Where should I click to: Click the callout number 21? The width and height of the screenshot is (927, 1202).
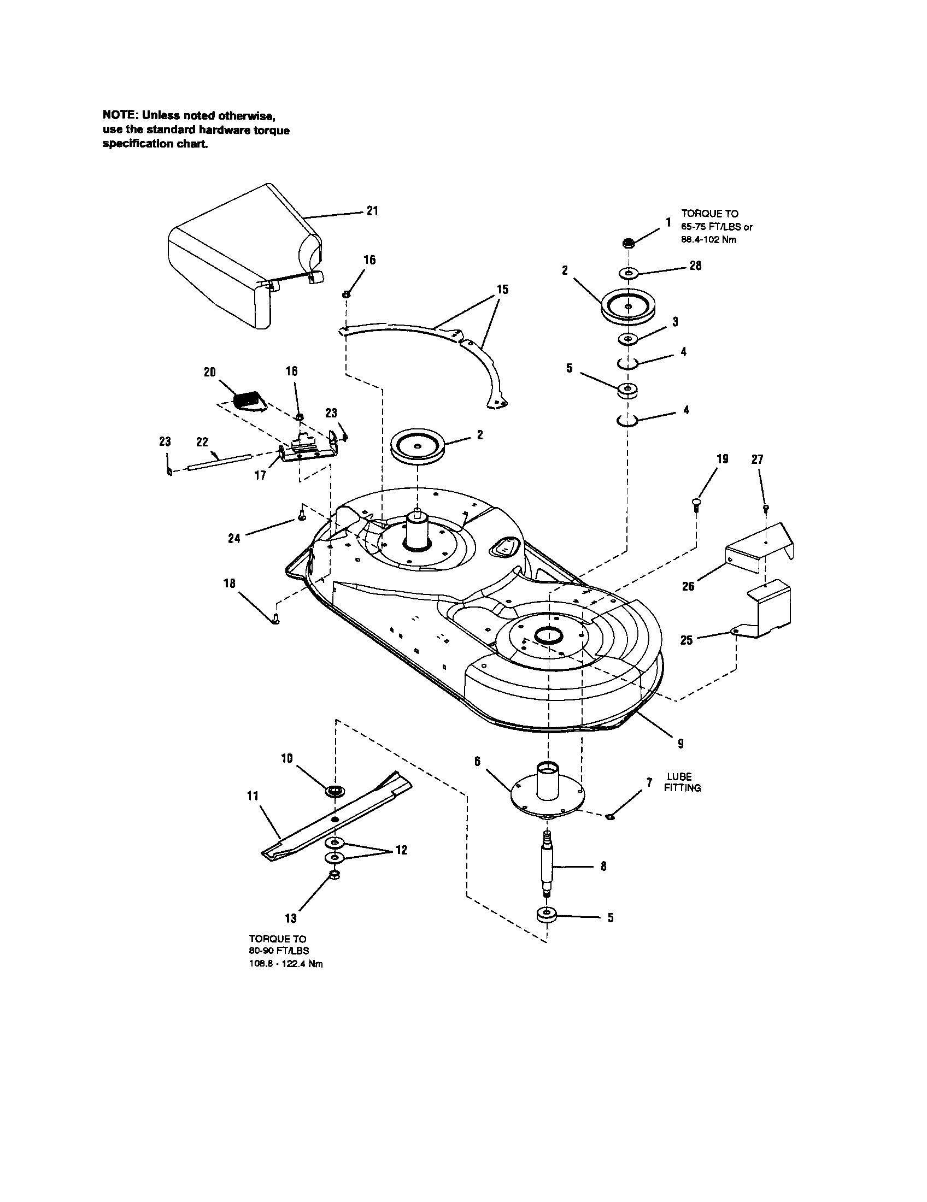[x=373, y=211]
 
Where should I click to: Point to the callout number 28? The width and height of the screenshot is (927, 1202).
[x=695, y=266]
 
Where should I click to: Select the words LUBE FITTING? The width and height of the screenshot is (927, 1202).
[x=683, y=782]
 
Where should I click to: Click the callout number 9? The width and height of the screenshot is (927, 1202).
[x=681, y=743]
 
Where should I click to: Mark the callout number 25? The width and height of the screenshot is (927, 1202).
[x=687, y=640]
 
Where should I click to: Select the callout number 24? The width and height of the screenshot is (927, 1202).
[x=234, y=538]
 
